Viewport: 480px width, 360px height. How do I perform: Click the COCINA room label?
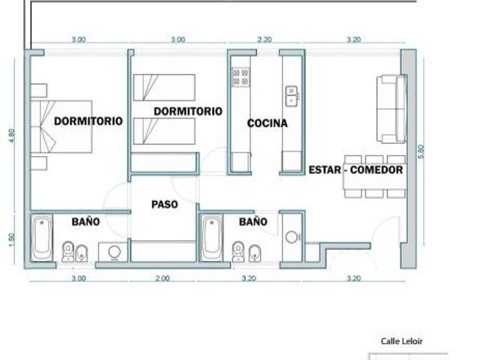(x=267, y=123)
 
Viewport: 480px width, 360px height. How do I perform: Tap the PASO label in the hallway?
(x=165, y=204)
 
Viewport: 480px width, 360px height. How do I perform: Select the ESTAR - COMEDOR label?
(x=355, y=170)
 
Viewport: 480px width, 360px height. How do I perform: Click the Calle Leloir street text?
(x=402, y=341)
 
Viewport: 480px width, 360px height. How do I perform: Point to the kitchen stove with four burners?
(x=241, y=77)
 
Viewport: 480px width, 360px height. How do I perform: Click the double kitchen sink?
(x=292, y=96)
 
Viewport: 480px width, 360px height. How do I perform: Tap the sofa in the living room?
(x=391, y=109)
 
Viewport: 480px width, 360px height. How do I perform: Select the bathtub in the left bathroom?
(x=42, y=238)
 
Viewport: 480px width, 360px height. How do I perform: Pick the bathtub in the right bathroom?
(x=211, y=238)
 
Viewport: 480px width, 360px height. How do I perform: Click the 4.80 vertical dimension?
(x=12, y=135)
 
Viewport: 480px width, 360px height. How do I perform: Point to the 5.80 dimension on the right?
(x=421, y=151)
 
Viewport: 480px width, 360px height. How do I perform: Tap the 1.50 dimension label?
(x=12, y=240)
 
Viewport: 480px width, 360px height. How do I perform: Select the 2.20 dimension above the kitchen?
(x=265, y=40)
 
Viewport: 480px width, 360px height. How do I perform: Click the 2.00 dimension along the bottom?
(x=163, y=278)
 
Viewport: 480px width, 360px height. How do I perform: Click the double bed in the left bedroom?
(x=61, y=127)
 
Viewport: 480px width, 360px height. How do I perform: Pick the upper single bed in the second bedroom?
(x=164, y=87)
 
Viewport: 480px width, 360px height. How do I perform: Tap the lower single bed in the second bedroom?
(x=164, y=131)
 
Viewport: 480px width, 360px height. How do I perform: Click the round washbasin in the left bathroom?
(x=114, y=252)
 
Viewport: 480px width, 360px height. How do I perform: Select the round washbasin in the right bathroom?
(x=291, y=237)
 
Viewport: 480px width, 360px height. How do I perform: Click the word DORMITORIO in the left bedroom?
(x=88, y=121)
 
